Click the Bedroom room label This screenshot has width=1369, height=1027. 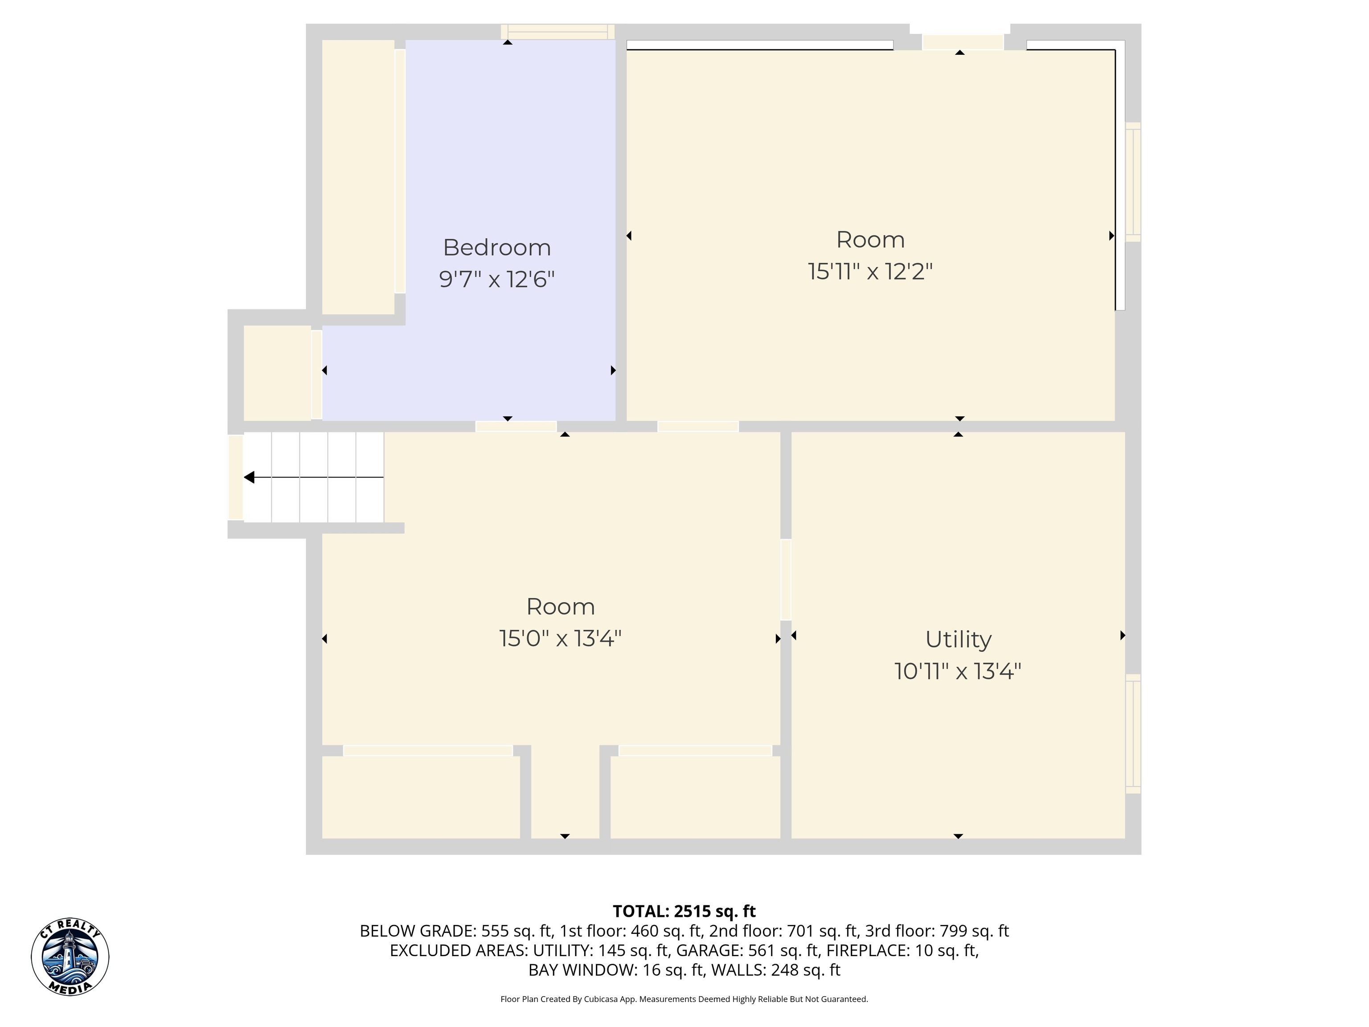tap(497, 248)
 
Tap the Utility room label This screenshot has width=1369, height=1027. tap(958, 640)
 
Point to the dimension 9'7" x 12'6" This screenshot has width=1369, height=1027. tap(497, 280)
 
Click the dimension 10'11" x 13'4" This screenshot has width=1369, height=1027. tap(958, 672)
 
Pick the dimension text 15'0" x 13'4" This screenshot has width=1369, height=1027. tap(561, 639)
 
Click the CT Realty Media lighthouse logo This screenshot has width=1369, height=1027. tap(70, 957)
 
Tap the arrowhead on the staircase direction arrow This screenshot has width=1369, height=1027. tap(249, 477)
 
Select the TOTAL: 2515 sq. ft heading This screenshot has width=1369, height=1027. tap(684, 911)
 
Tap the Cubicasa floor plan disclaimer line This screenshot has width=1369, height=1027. tap(684, 999)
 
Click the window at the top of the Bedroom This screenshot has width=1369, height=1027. tap(557, 32)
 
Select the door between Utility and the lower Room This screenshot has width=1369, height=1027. tap(786, 579)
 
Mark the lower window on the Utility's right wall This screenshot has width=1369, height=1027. tap(1132, 734)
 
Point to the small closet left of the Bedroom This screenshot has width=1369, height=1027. tap(277, 373)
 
